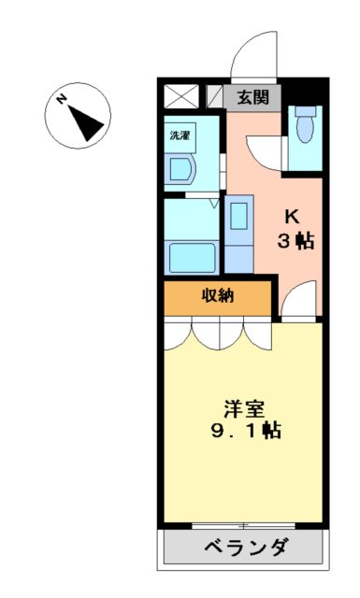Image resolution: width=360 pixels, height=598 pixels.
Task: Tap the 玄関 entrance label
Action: point(251,96)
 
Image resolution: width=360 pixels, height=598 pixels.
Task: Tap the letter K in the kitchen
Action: point(293,213)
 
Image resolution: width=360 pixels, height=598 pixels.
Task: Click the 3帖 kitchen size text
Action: point(294,240)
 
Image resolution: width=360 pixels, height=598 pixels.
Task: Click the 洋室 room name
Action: point(245,409)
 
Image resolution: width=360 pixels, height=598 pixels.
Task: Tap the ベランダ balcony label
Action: point(246,548)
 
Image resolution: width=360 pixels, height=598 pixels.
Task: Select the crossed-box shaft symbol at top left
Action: point(180,96)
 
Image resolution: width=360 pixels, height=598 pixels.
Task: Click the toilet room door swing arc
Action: point(264,149)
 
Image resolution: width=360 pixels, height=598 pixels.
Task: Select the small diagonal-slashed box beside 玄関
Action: point(214,96)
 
